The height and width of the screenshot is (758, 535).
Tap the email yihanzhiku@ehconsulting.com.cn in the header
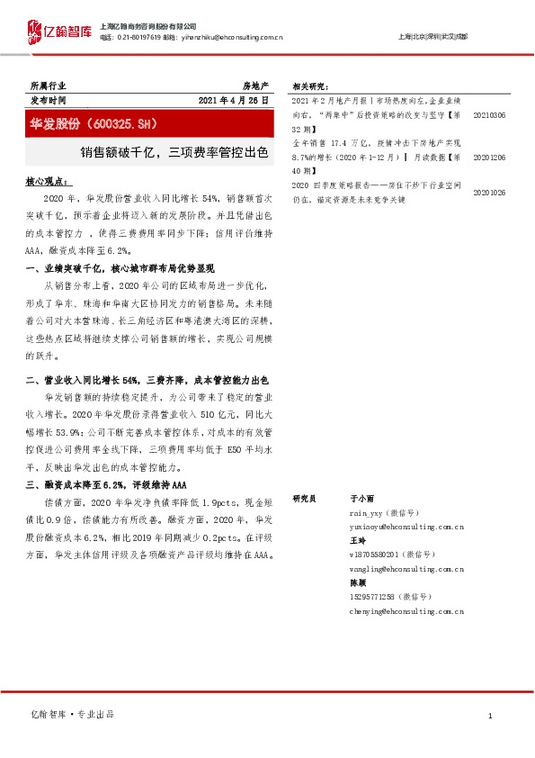pyautogui.click(x=236, y=37)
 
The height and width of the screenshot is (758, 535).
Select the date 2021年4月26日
pyautogui.click(x=232, y=101)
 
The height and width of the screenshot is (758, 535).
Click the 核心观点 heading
pyautogui.click(x=48, y=182)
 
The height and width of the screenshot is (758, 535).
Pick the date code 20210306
pyautogui.click(x=489, y=116)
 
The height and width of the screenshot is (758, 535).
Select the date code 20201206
pyautogui.click(x=489, y=156)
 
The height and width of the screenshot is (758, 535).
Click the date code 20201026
pyautogui.click(x=489, y=192)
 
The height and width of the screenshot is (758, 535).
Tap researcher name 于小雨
pyautogui.click(x=362, y=497)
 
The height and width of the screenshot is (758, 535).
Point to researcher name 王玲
pyautogui.click(x=357, y=540)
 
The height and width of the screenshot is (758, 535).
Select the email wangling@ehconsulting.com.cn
pyautogui.click(x=406, y=568)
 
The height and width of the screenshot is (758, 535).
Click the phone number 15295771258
pyautogui.click(x=377, y=597)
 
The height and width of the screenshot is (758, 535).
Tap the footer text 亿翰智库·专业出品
pyautogui.click(x=72, y=714)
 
